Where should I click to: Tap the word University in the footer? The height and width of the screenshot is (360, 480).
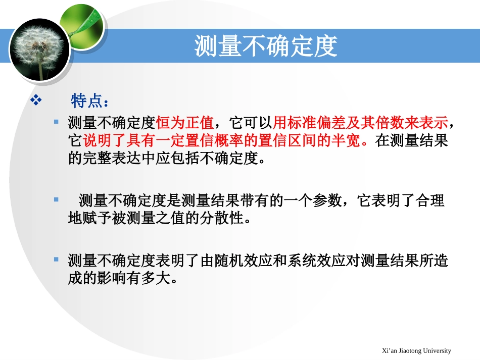(x=435, y=350)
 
